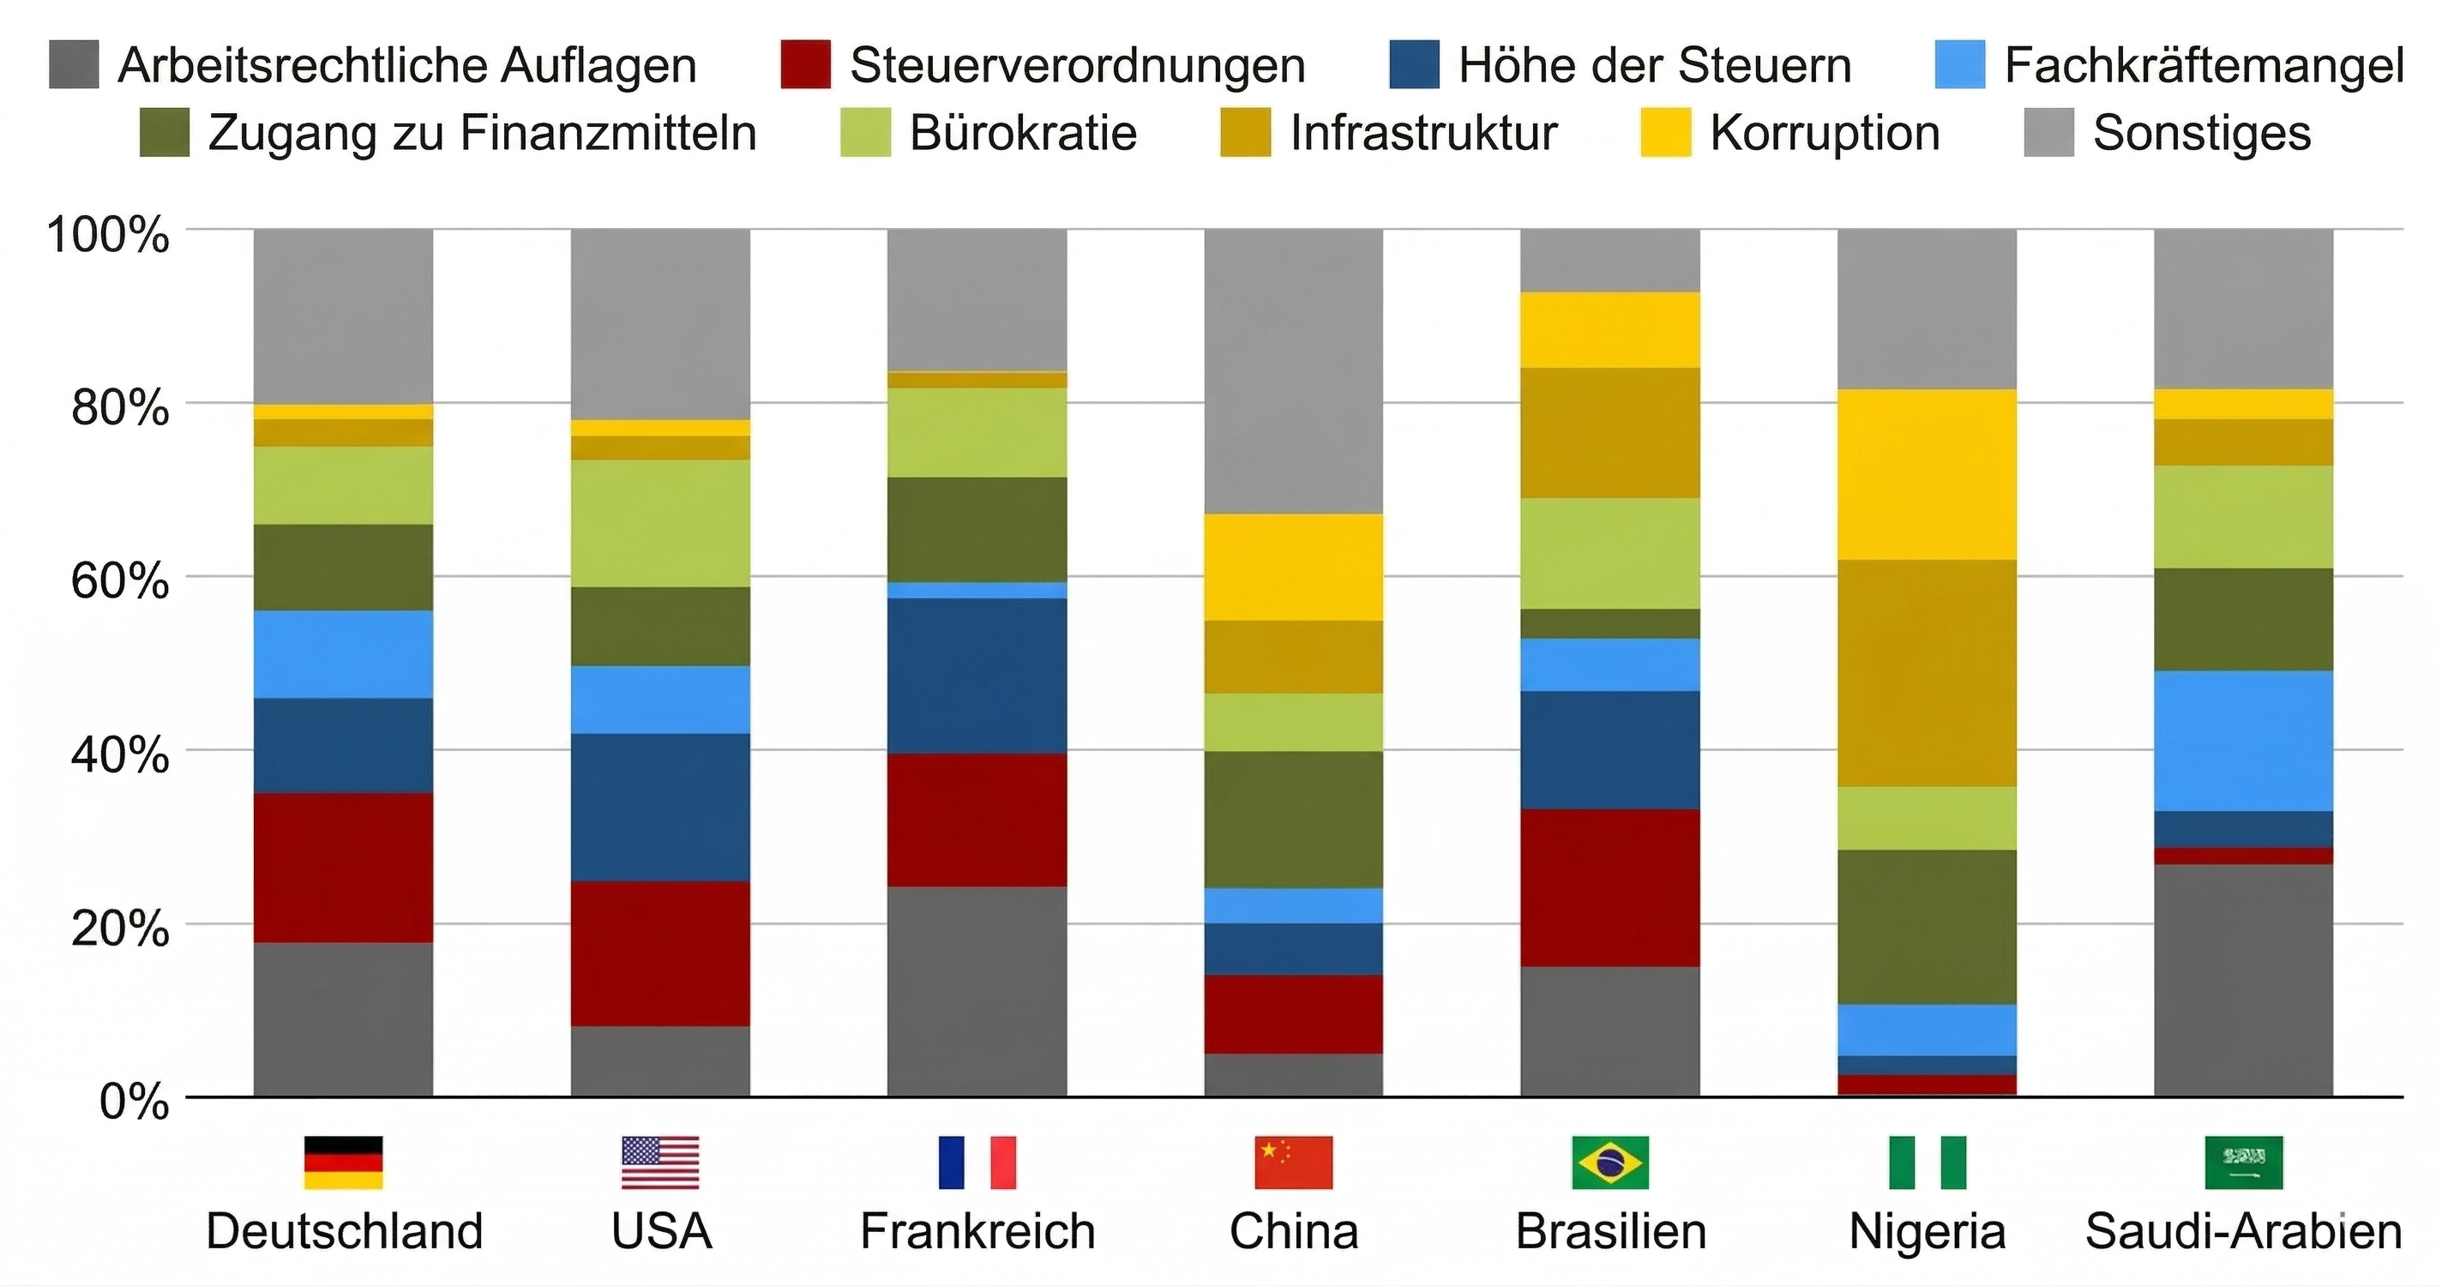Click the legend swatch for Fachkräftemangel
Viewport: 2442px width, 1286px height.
coord(1959,64)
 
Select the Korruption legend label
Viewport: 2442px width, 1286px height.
coord(1824,133)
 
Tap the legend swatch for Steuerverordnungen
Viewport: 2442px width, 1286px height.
coord(805,64)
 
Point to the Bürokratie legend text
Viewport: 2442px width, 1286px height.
coord(1022,133)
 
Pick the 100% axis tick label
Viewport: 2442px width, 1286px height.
coord(107,233)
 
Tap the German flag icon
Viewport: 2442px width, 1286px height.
coord(343,1162)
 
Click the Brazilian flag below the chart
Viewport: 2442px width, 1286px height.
coord(1609,1162)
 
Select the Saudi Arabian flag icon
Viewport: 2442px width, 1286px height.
coord(2243,1162)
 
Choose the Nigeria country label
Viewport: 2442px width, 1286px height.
coord(1927,1232)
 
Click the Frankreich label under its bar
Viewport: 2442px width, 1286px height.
coord(977,1232)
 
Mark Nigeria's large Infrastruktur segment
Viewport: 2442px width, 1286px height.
coord(1927,673)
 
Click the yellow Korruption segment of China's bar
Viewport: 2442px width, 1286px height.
coord(1293,567)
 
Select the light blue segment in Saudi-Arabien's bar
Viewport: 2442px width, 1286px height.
coord(2243,741)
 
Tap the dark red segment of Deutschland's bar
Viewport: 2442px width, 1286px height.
coord(343,867)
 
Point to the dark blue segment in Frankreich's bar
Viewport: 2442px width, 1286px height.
coord(977,676)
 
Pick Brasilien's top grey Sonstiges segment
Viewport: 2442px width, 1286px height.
coord(1609,261)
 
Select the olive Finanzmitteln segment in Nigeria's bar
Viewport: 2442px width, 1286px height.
coord(1927,927)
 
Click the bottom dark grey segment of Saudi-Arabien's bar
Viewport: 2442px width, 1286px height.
coord(2243,981)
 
